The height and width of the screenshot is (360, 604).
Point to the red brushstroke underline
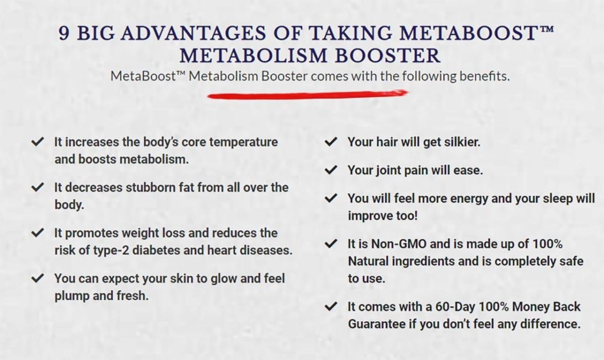pos(308,94)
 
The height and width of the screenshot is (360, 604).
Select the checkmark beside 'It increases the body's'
pos(37,142)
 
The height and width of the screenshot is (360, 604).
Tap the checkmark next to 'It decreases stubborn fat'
pos(37,188)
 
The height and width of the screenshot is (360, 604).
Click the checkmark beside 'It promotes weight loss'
pos(37,233)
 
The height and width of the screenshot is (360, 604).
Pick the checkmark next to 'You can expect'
pos(37,278)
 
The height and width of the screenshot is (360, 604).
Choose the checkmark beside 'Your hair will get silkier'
pos(331,142)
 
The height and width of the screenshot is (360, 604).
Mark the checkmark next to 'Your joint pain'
pos(331,171)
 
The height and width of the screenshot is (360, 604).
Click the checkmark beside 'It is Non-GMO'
pos(331,244)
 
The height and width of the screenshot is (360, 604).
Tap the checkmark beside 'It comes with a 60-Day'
pos(331,307)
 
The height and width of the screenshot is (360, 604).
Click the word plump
pos(71,296)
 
